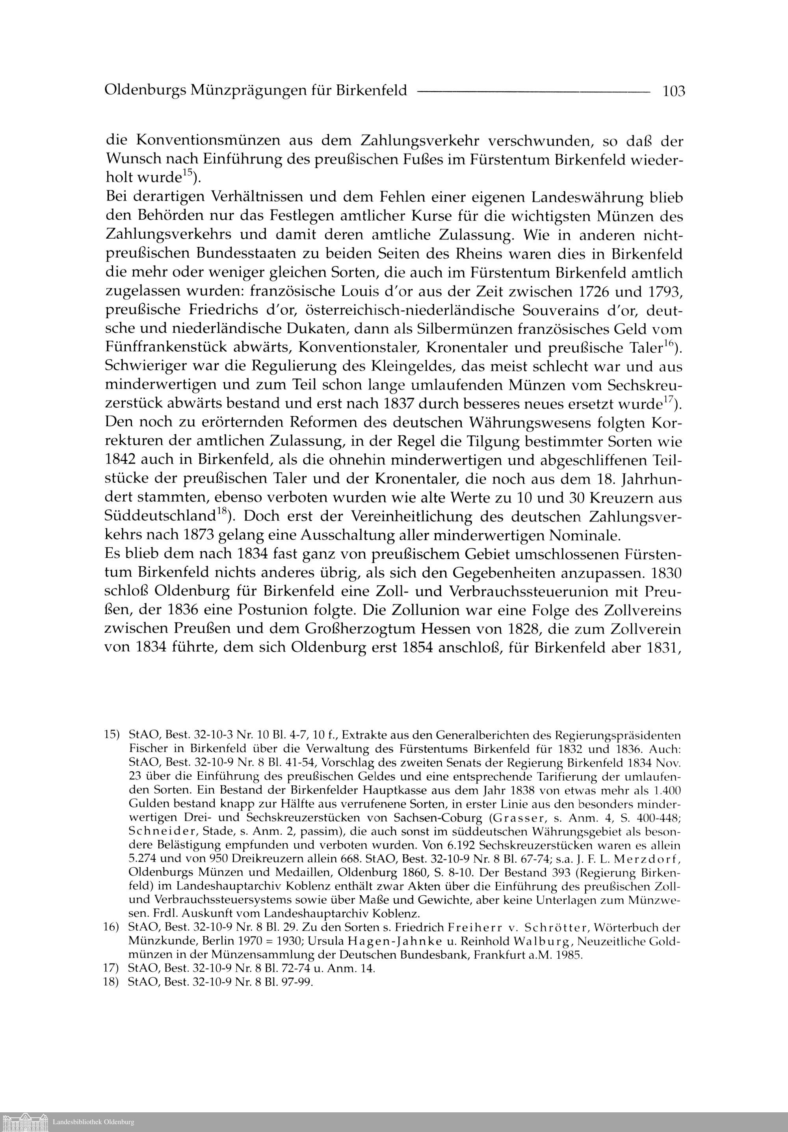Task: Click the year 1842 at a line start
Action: point(120,460)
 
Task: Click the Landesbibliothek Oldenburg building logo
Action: point(25,1121)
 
